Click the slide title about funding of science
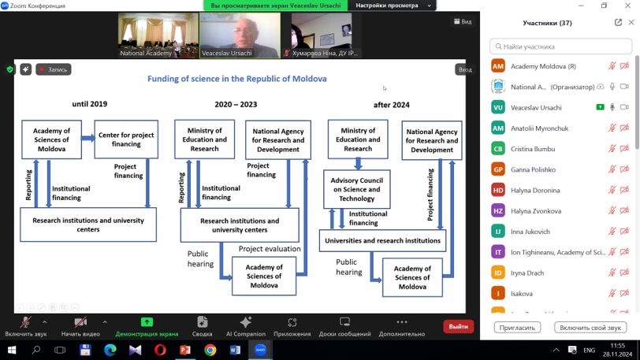(236, 79)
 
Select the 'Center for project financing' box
(126, 139)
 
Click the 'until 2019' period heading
(89, 104)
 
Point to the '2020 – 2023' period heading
(236, 104)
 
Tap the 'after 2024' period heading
(392, 105)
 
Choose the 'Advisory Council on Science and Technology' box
(357, 189)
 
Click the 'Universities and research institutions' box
(382, 240)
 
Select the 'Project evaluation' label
(270, 249)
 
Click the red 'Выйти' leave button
(458, 326)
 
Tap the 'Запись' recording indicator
(54, 69)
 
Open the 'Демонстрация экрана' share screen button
(147, 325)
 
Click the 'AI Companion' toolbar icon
(245, 325)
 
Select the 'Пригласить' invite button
(517, 327)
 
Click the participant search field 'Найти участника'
(560, 46)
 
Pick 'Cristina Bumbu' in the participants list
(533, 149)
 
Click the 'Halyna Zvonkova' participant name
(536, 211)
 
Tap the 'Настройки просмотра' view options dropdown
(393, 6)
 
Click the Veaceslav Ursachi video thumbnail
(240, 35)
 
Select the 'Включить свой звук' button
(590, 327)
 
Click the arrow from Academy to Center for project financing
(87, 139)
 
